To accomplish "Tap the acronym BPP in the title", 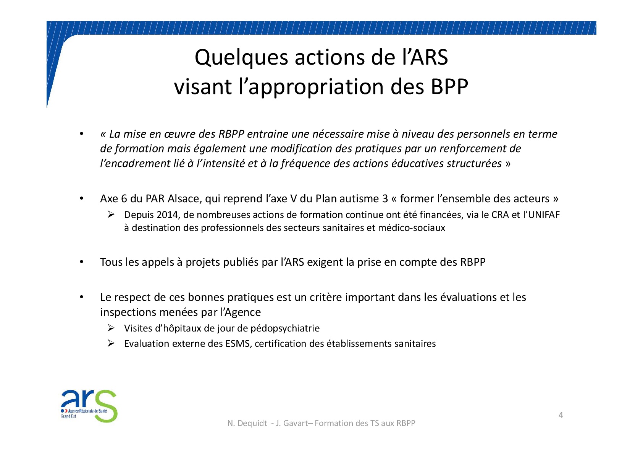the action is [449, 86].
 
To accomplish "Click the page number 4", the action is [561, 415].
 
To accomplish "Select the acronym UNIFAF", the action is [544, 215].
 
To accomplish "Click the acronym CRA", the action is [500, 215].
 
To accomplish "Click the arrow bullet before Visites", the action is [111, 328].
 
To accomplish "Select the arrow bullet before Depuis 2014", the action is [111, 214].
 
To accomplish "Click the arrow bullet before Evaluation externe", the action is [111, 343].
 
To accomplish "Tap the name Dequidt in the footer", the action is [252, 423].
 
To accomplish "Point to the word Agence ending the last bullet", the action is [243, 312].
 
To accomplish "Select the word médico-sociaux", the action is [411, 227].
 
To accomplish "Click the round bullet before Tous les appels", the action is [82, 262].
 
